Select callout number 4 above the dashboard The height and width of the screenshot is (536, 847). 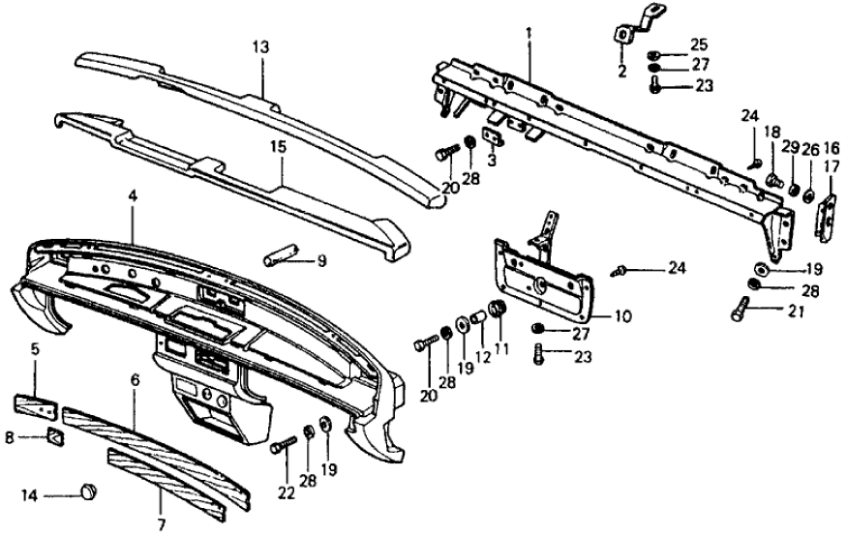[x=133, y=196]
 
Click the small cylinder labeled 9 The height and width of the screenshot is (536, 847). [x=278, y=258]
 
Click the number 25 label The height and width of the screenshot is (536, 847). [x=699, y=44]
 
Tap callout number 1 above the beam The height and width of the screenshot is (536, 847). [x=529, y=33]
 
